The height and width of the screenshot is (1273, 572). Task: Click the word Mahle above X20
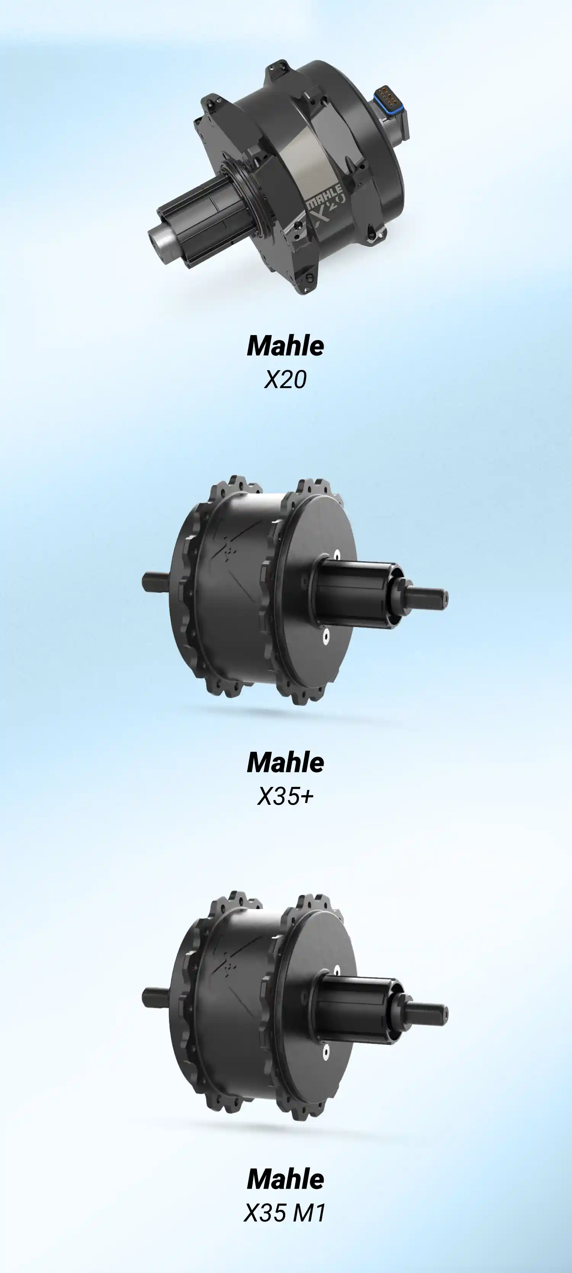point(286,346)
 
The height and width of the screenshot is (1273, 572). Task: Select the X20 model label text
point(286,380)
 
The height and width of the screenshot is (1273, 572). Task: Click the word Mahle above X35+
point(286,762)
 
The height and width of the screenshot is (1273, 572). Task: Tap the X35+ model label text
point(286,796)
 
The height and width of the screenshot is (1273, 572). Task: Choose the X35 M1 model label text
point(286,1213)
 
